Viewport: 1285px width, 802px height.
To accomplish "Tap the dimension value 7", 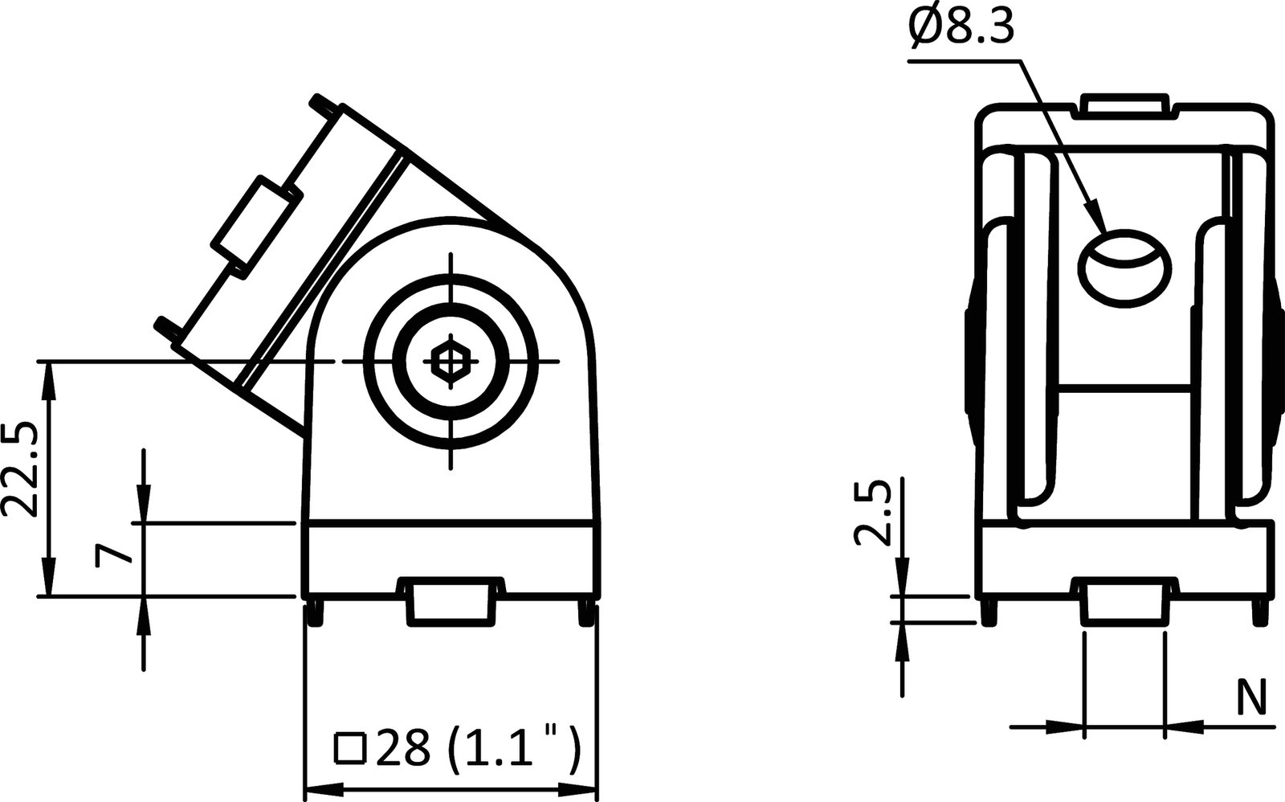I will (111, 554).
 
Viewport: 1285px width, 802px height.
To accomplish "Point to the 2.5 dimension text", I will (873, 514).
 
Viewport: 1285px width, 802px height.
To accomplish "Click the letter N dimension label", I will (1250, 697).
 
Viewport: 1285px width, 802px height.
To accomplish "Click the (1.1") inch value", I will (512, 749).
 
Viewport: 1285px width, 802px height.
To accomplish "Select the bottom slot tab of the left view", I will (452, 603).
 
